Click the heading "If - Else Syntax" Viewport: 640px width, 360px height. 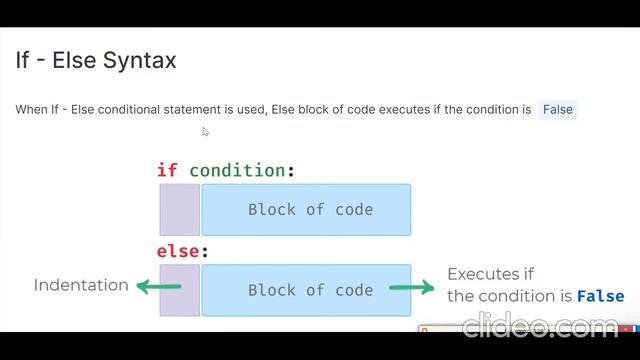(96, 60)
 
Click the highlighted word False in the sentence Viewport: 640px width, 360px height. (558, 109)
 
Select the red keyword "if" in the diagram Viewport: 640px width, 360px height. (167, 170)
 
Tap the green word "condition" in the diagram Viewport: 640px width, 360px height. (237, 170)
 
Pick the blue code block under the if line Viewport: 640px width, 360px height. (306, 210)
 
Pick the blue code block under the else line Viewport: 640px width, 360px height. (306, 290)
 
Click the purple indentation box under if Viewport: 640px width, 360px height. (179, 210)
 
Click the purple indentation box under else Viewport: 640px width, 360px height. (179, 290)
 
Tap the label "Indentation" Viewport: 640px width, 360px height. (81, 285)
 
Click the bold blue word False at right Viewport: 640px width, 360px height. (600, 296)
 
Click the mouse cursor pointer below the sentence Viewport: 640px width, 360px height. (205, 131)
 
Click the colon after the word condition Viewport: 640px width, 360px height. (291, 170)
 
